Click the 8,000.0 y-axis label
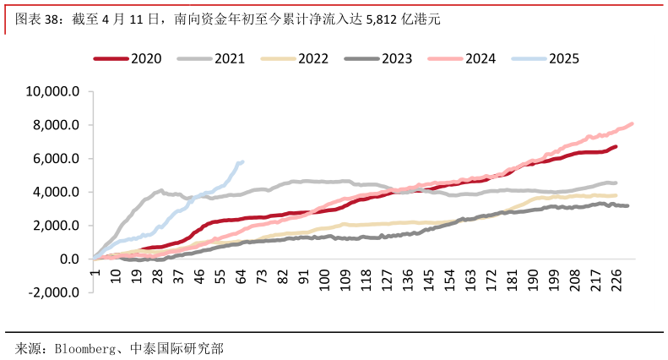point(57,125)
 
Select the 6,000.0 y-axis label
point(57,159)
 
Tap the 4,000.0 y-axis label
point(57,192)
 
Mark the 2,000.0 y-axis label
point(57,226)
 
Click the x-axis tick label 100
point(325,278)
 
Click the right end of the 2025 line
point(242,161)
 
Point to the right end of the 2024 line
point(632,124)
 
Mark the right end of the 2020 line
point(615,147)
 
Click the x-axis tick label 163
point(470,278)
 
